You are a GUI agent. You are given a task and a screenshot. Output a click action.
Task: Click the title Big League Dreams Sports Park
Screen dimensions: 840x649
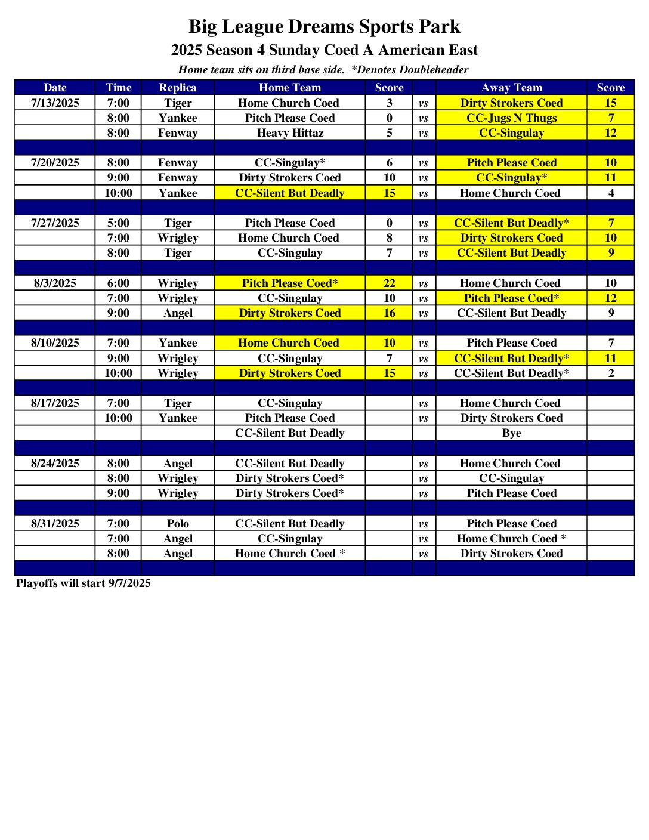coord(324,27)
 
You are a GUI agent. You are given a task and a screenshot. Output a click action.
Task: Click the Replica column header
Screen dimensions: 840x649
coord(177,88)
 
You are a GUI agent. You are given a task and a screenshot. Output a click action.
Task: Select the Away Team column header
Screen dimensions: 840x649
coord(511,88)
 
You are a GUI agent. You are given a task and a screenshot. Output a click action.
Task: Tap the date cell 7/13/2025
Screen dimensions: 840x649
coord(55,103)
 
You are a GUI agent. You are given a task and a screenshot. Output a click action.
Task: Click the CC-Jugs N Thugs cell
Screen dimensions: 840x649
coord(511,118)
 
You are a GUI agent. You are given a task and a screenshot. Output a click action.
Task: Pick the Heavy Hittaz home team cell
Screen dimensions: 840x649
coord(290,133)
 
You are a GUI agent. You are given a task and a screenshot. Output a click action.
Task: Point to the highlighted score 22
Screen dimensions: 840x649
coord(389,283)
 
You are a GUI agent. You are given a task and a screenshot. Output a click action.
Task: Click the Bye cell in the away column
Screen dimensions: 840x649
coord(511,433)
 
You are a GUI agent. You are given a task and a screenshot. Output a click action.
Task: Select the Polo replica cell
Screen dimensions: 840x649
coord(177,524)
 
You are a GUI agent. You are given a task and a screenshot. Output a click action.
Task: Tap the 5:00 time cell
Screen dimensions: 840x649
coord(118,223)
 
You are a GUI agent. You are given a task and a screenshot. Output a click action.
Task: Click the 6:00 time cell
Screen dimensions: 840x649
coord(118,283)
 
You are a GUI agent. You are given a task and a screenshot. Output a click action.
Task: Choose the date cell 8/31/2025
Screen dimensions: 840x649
coord(55,524)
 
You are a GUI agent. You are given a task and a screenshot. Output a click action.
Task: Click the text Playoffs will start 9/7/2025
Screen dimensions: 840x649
coord(84,583)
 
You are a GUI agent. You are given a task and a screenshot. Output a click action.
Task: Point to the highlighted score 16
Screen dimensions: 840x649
coord(389,313)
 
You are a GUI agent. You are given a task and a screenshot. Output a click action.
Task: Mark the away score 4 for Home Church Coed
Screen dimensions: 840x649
coord(610,193)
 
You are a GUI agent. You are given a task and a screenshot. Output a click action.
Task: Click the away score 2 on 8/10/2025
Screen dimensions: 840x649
coord(610,373)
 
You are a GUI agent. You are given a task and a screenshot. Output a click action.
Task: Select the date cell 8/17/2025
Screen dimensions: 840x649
coord(55,403)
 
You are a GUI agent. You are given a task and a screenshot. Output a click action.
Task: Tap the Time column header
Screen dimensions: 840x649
coord(118,88)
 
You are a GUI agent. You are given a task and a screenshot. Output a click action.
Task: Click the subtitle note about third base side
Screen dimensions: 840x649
coord(323,70)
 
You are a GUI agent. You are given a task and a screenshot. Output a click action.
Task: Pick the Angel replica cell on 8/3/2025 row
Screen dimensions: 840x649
coord(177,313)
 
